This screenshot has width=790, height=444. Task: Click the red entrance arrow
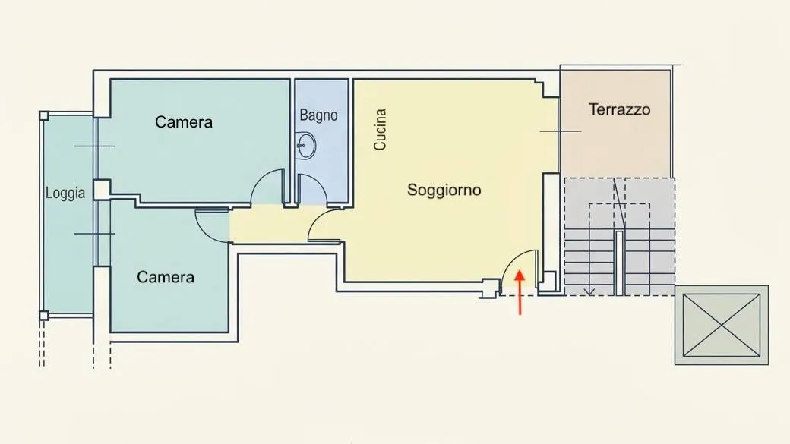[520, 292]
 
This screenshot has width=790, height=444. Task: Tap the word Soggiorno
[444, 190]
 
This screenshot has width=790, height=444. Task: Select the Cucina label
[380, 129]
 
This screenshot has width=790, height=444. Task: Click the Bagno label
[318, 115]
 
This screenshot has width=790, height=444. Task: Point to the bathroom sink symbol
[305, 146]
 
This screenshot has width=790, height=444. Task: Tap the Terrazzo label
[619, 109]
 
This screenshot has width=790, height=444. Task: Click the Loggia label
[65, 193]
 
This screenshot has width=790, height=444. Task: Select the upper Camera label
[183, 122]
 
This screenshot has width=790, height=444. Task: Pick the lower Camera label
[166, 277]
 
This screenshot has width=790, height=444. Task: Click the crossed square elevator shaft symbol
[722, 325]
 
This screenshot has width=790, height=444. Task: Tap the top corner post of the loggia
[44, 116]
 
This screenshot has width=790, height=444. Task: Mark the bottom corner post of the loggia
[44, 316]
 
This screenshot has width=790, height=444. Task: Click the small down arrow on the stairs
[589, 291]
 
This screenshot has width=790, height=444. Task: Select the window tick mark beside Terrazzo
[561, 131]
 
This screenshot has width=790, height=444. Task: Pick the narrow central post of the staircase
[619, 263]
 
